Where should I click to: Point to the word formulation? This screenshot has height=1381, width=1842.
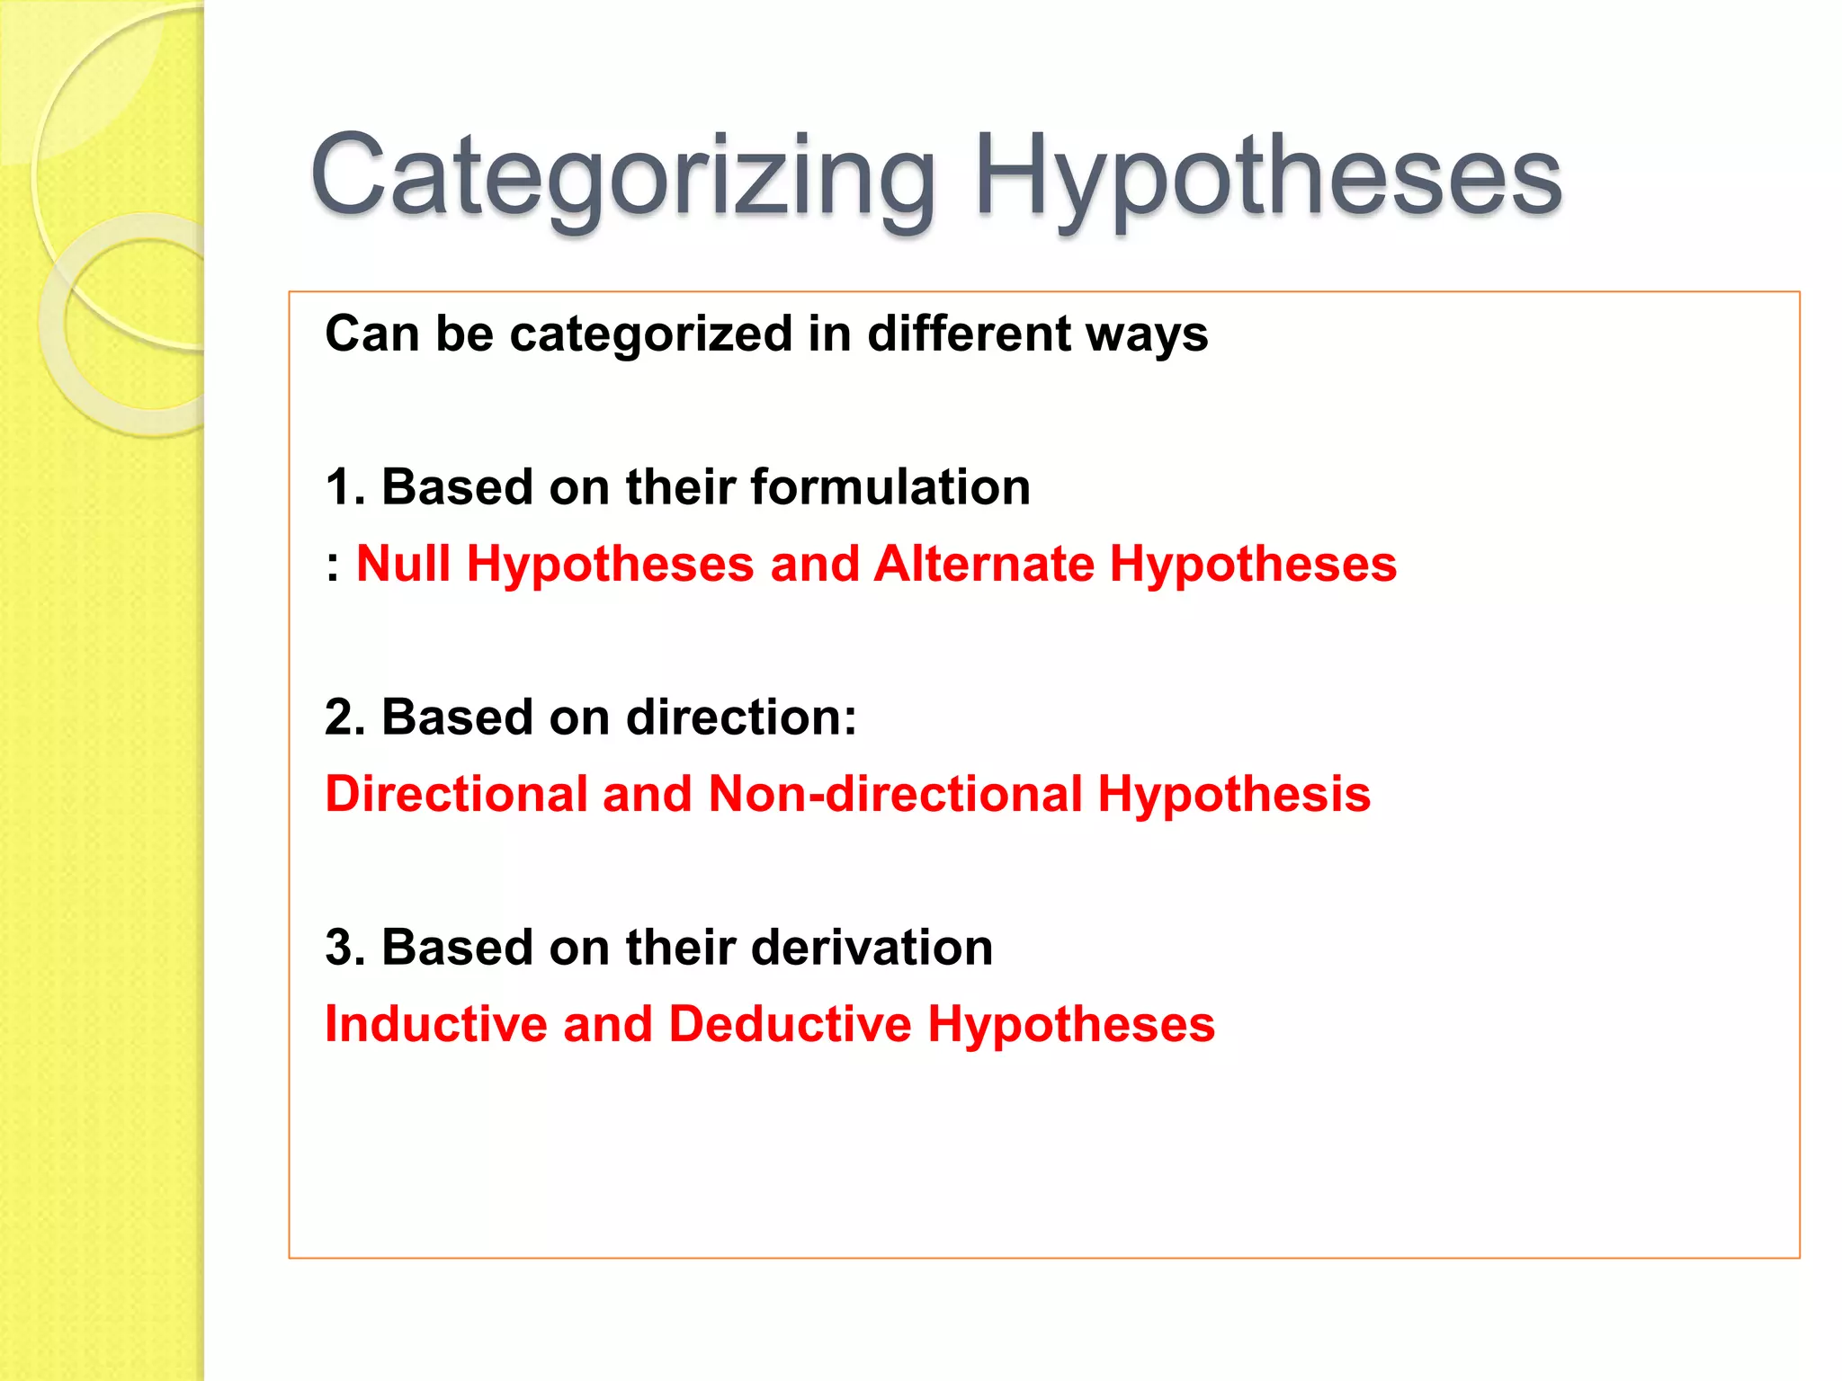pos(890,487)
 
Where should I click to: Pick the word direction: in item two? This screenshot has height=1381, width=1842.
pos(741,717)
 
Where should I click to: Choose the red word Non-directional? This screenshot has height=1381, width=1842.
pos(895,795)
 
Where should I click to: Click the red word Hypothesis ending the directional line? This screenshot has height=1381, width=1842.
pos(1234,795)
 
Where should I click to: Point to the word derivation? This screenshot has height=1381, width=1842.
pos(872,948)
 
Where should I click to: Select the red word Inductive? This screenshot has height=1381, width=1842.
pos(436,1025)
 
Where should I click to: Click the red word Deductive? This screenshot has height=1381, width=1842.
pos(790,1025)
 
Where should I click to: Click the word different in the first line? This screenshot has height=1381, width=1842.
pos(968,334)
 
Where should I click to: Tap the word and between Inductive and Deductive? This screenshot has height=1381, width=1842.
pos(608,1025)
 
